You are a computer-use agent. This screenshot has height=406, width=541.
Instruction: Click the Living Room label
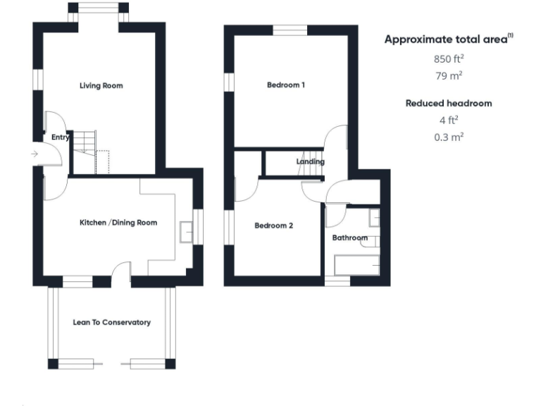click(x=101, y=85)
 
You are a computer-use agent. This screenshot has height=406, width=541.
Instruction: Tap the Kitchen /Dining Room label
click(x=118, y=223)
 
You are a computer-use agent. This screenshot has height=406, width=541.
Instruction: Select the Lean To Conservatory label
click(x=111, y=322)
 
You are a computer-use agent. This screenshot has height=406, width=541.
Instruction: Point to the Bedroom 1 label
click(x=285, y=85)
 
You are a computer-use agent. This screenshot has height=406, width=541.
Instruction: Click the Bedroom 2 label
click(x=273, y=226)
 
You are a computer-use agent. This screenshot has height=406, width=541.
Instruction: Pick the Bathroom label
click(x=349, y=238)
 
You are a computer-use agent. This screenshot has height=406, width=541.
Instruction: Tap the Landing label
click(x=310, y=161)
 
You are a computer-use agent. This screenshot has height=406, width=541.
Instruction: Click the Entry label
click(x=61, y=137)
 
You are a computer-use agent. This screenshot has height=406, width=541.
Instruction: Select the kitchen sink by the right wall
click(x=187, y=231)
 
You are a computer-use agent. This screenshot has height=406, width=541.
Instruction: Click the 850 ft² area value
click(x=448, y=59)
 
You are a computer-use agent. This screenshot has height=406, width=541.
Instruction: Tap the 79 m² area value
click(x=448, y=75)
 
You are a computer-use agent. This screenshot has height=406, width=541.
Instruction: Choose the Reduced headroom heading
click(x=448, y=103)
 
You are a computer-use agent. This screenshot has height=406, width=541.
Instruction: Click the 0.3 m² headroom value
click(x=448, y=137)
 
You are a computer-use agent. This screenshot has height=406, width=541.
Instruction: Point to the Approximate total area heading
click(x=448, y=39)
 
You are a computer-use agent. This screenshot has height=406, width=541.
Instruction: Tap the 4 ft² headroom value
click(x=448, y=120)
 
